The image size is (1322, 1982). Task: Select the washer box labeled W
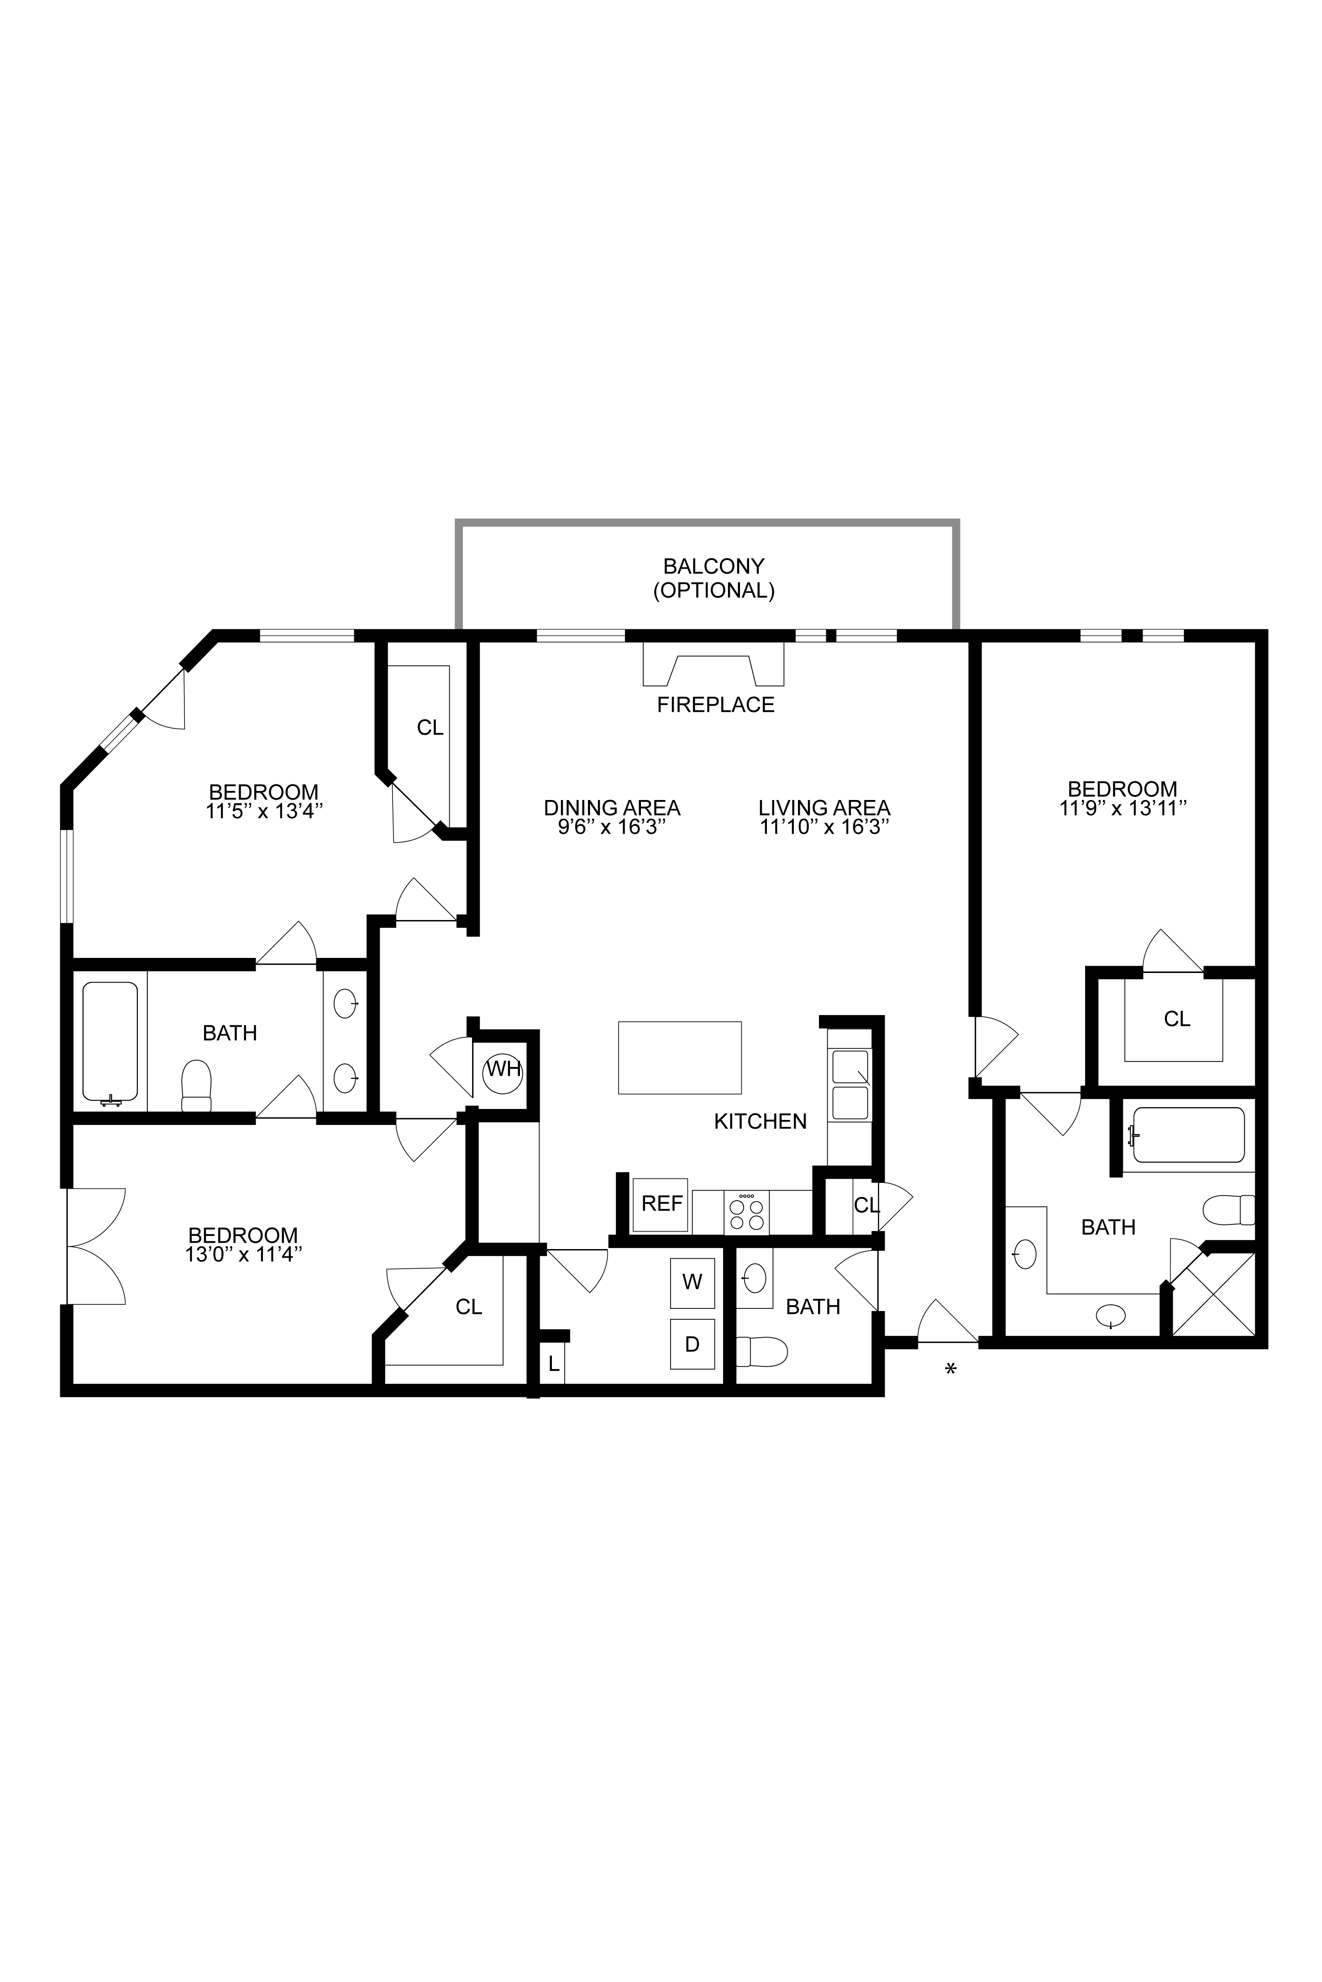pos(692,1282)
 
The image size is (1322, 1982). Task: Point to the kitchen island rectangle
pos(680,1057)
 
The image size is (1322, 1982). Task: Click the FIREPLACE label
pos(716,705)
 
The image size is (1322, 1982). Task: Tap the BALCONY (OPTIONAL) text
pos(714,578)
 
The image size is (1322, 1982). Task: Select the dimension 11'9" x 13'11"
pos(1123,808)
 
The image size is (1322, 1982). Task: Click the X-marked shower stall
pos(1214,1293)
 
